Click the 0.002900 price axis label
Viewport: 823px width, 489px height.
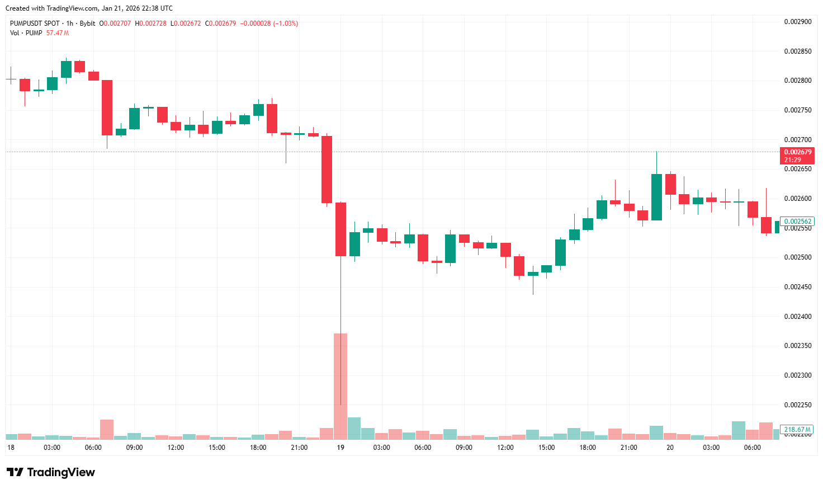(x=797, y=22)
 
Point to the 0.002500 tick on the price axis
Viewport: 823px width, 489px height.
(x=797, y=257)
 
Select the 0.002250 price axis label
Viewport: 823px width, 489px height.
(x=797, y=405)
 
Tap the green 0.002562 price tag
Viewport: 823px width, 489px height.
(x=797, y=222)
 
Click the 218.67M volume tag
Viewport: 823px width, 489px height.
(x=797, y=430)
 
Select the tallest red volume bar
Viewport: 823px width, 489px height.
(x=340, y=386)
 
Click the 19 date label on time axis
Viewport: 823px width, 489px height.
(x=340, y=448)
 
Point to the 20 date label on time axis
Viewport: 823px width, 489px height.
(x=670, y=448)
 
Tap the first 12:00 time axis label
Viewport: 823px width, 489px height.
(x=176, y=448)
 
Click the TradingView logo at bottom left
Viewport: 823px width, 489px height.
(x=51, y=472)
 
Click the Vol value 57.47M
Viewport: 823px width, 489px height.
(x=58, y=33)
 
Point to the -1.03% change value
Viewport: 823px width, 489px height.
(x=286, y=23)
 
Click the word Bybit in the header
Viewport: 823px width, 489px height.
(x=87, y=23)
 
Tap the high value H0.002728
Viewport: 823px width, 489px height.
(x=150, y=23)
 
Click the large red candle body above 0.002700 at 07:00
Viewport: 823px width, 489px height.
(x=107, y=107)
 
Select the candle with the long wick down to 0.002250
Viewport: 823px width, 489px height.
(x=340, y=229)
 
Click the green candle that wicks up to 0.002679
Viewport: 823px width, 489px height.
(x=656, y=197)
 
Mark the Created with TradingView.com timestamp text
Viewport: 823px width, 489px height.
(x=89, y=8)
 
